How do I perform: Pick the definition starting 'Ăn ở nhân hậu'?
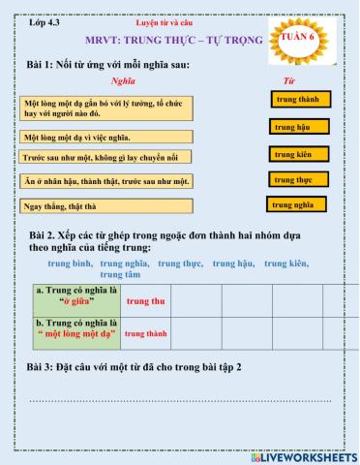point(105,181)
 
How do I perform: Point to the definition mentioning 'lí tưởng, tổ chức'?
point(105,107)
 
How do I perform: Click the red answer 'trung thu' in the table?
point(146,301)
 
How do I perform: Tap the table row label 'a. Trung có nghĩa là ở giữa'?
point(75,295)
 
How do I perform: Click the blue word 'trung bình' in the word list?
point(71,263)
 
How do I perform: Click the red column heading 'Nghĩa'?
point(123,80)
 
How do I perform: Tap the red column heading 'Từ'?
point(287,80)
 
